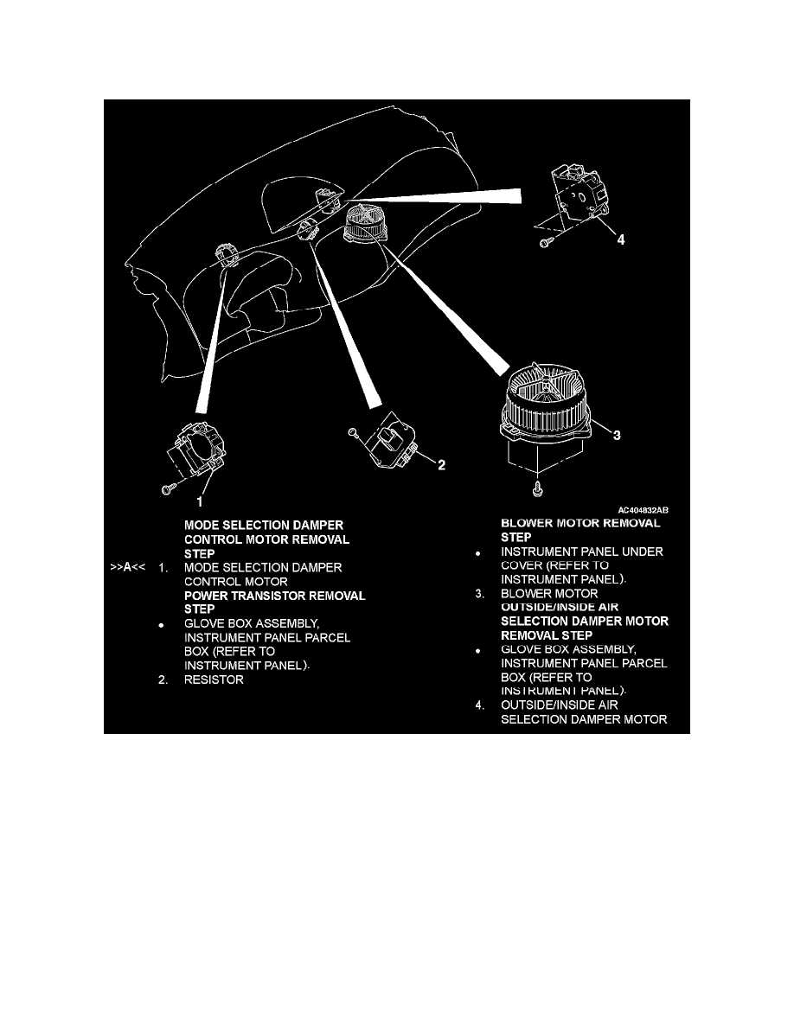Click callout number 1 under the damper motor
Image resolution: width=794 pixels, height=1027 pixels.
[200, 500]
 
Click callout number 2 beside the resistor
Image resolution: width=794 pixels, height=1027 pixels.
[441, 465]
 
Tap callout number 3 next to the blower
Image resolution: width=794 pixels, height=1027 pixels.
[616, 437]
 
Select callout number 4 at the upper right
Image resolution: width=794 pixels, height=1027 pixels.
[620, 241]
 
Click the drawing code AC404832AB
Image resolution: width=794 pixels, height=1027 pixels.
[643, 510]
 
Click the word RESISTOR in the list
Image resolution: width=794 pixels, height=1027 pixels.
[214, 680]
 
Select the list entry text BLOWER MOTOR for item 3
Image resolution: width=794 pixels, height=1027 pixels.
[549, 594]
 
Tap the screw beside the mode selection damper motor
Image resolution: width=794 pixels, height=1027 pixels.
[167, 489]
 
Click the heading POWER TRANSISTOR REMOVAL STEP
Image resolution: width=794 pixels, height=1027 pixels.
[274, 603]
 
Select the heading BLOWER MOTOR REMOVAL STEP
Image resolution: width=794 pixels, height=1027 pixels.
[580, 529]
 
